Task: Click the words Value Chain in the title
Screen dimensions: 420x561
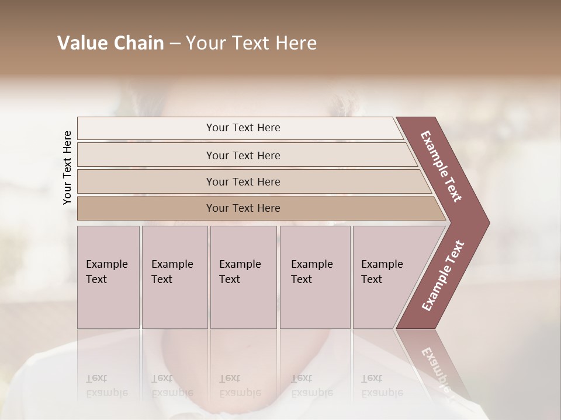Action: (x=110, y=43)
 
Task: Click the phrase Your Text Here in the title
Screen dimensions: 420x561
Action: (x=251, y=43)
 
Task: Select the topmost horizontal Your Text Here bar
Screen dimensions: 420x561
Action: (x=243, y=128)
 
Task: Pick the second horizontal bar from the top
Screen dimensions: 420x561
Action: (x=243, y=155)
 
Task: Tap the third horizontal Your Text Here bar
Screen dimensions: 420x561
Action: (x=243, y=181)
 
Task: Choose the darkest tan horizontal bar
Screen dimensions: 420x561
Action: (x=243, y=208)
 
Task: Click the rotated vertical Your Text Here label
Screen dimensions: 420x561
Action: (x=67, y=167)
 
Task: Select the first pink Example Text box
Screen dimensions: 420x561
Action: (x=108, y=276)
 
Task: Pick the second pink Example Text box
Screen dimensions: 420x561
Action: (x=174, y=276)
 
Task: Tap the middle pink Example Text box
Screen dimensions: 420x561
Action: (x=243, y=276)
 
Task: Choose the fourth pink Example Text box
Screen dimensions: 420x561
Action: (x=314, y=276)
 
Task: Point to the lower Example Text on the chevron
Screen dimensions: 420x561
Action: (x=442, y=275)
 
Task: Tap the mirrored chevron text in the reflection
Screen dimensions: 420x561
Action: (x=435, y=371)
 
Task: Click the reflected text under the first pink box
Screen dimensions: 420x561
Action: (x=106, y=386)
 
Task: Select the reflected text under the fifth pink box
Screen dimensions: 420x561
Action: (x=382, y=386)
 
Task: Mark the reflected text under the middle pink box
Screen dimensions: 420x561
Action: (x=240, y=386)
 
